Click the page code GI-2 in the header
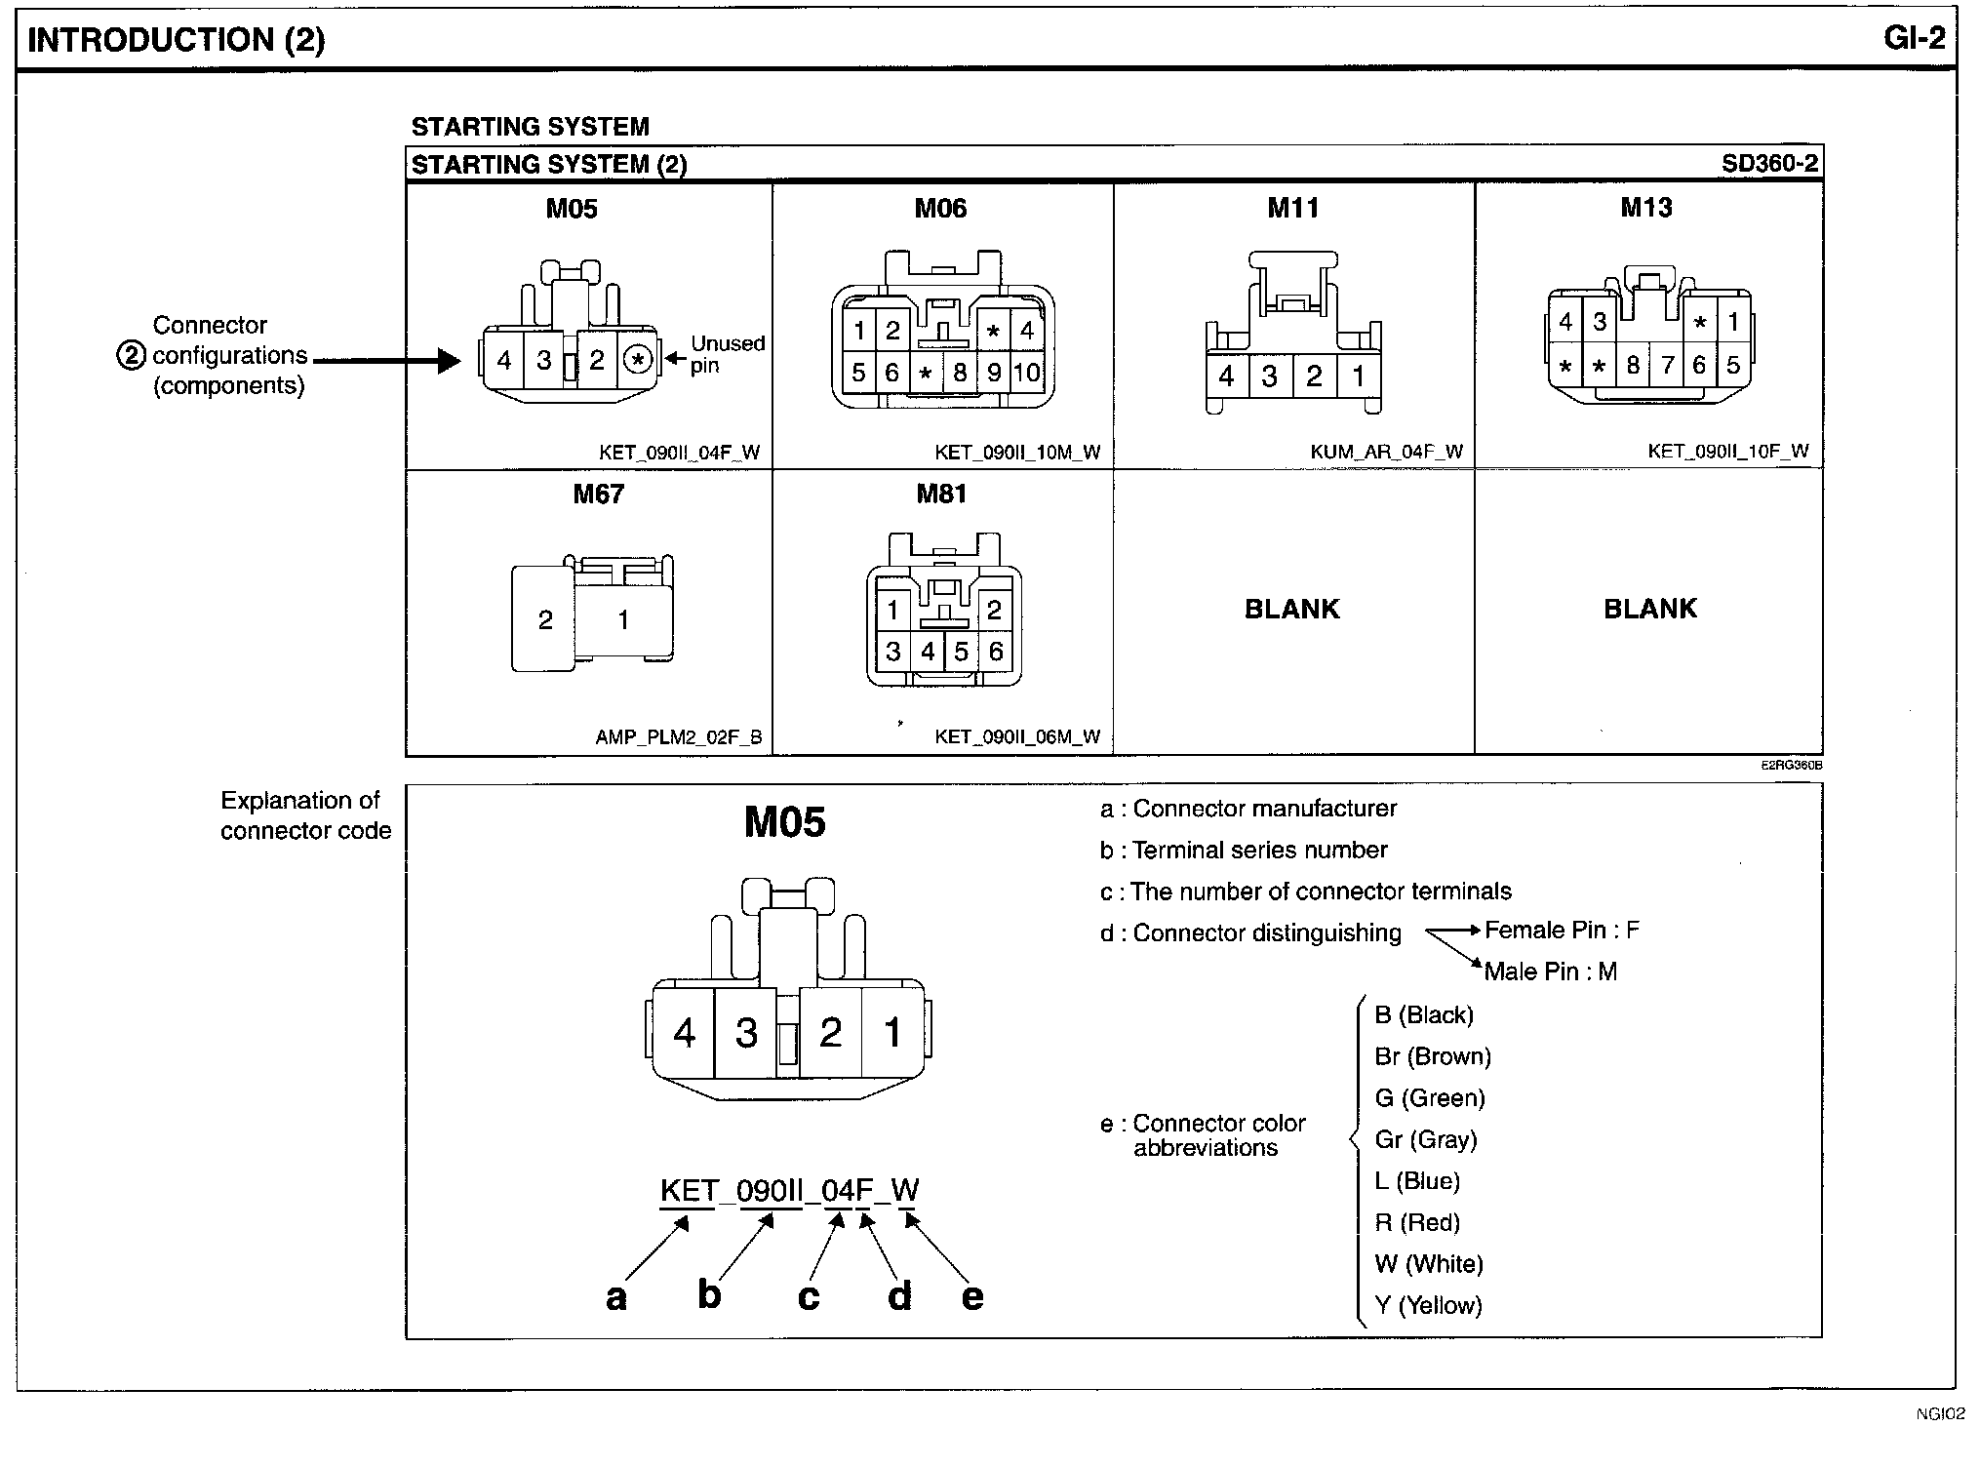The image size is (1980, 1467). point(1915,38)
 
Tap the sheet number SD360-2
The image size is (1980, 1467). point(1769,163)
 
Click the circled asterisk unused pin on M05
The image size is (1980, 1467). point(638,360)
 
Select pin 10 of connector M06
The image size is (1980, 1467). point(1026,373)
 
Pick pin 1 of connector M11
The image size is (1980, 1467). point(1358,376)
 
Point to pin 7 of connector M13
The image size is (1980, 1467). point(1668,366)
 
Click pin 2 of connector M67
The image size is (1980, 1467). point(545,619)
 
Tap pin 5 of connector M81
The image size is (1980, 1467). point(962,652)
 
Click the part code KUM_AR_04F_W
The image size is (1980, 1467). point(1386,452)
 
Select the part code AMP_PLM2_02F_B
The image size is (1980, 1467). point(679,737)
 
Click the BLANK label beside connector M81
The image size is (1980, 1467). point(1292,609)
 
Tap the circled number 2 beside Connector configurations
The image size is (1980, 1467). point(131,355)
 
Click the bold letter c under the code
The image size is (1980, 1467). point(809,1296)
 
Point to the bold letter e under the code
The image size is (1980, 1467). point(972,1296)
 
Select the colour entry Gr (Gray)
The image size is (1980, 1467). point(1425,1139)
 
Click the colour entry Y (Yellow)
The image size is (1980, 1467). point(1428,1305)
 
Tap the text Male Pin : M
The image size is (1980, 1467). point(1550,971)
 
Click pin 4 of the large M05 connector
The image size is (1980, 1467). point(685,1032)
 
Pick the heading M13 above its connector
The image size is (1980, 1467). point(1646,208)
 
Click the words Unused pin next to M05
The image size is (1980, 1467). point(727,354)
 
